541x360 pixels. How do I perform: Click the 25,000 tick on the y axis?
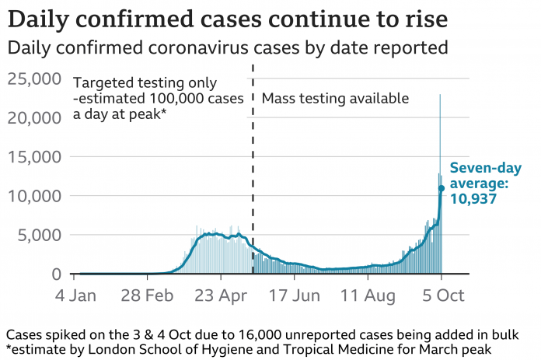click(34, 79)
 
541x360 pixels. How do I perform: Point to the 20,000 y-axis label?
click(34, 117)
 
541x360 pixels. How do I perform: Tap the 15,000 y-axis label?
click(34, 156)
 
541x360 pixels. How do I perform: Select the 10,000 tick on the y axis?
click(34, 196)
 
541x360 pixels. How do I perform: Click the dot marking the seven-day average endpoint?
click(442, 188)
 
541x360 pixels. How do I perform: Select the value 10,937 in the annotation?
click(473, 199)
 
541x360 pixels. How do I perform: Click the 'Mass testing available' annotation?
click(335, 99)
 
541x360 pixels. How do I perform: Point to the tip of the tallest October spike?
click(440, 94)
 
